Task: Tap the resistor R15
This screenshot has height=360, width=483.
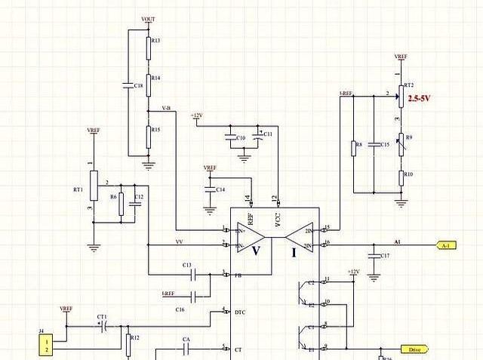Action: click(148, 133)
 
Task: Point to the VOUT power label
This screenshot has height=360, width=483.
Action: click(149, 18)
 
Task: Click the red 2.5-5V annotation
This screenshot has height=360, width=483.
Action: click(420, 99)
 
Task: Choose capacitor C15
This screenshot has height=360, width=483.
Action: click(374, 145)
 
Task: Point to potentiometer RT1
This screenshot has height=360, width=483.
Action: click(93, 186)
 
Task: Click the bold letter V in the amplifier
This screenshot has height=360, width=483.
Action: click(256, 250)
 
